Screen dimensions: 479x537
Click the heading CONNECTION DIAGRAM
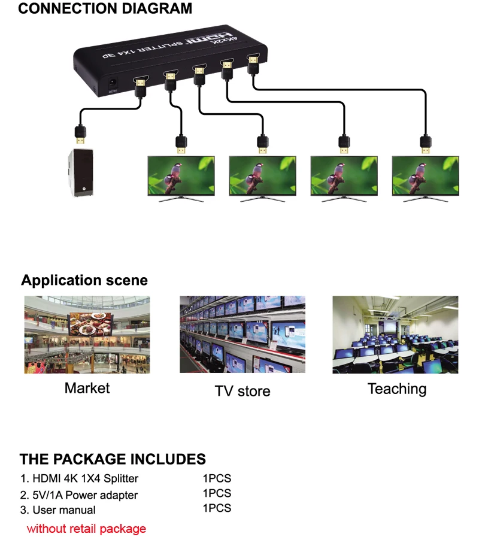coord(105,9)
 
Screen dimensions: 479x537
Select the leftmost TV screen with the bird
coord(181,175)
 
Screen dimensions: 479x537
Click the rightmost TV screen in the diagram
coord(425,175)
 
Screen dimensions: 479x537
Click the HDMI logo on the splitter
coord(206,40)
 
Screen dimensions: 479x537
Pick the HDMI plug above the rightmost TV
coord(425,144)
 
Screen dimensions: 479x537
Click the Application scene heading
coord(84,280)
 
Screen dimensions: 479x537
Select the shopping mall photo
coord(87,334)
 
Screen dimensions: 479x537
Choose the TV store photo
coord(242,334)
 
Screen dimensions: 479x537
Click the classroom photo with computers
coord(395,334)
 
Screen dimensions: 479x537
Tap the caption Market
coord(87,388)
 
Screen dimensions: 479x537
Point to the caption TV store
coord(242,391)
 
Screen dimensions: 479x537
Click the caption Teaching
coord(397,389)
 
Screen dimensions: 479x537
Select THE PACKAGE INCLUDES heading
coord(113,459)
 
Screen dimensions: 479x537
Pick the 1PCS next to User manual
coord(217,508)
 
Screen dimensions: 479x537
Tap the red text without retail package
coord(86,529)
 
